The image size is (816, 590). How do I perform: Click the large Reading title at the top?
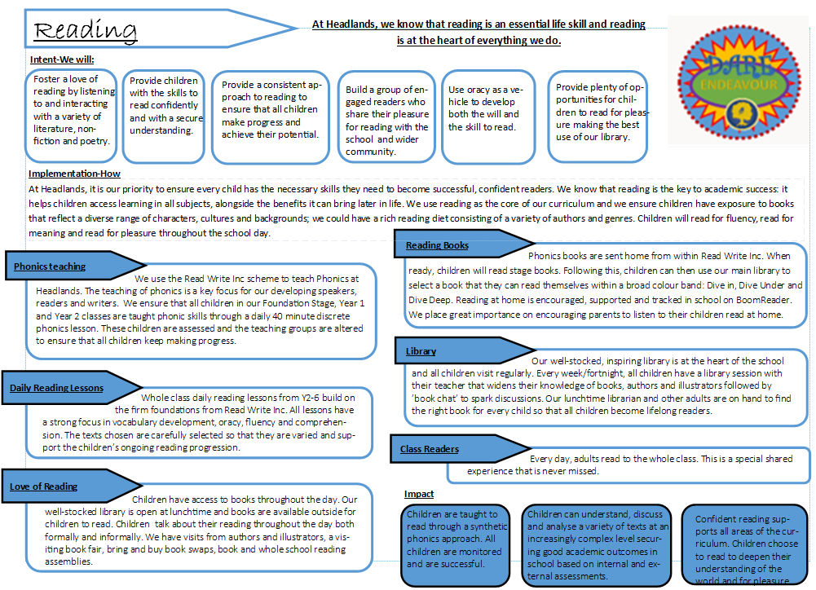point(86,30)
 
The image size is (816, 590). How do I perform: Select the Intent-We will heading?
point(62,59)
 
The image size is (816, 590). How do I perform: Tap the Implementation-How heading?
point(74,174)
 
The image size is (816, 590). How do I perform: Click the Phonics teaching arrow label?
point(51,266)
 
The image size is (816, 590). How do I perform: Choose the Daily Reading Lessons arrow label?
point(55,388)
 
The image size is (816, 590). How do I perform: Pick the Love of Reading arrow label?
point(44,487)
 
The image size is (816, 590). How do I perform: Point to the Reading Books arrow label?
point(438,245)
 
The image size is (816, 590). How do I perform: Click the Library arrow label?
point(421,351)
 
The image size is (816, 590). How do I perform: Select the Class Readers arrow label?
point(430,449)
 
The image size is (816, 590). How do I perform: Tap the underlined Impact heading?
point(419,494)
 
